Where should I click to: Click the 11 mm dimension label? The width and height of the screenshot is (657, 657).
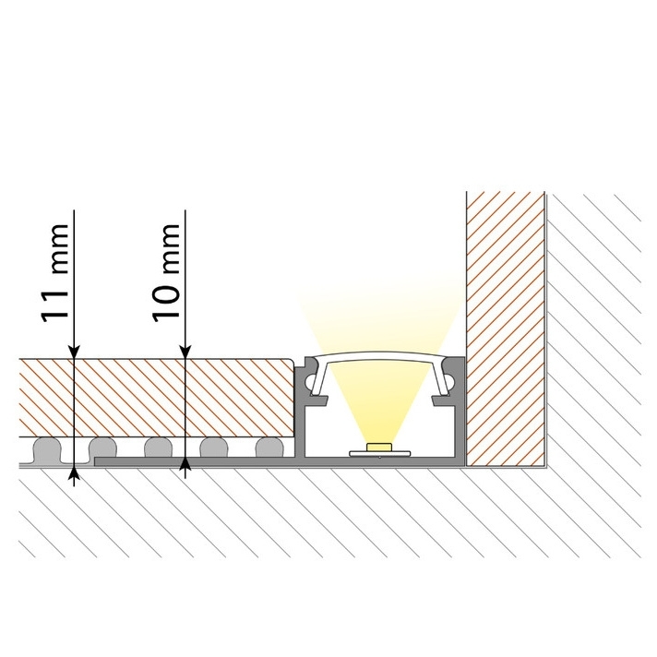point(54,273)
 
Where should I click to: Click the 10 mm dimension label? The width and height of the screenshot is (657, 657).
point(166,273)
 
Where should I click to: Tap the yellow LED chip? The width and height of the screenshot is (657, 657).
point(379,448)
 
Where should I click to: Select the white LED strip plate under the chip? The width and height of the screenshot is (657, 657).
point(379,453)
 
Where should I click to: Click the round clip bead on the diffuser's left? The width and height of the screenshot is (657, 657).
point(310,382)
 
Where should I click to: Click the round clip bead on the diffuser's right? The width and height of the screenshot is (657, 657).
point(449,382)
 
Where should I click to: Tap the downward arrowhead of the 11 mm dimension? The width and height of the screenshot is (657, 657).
point(74,352)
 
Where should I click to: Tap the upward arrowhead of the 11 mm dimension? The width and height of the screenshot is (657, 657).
point(74,473)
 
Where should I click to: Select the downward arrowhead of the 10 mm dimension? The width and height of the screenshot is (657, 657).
point(185,352)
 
